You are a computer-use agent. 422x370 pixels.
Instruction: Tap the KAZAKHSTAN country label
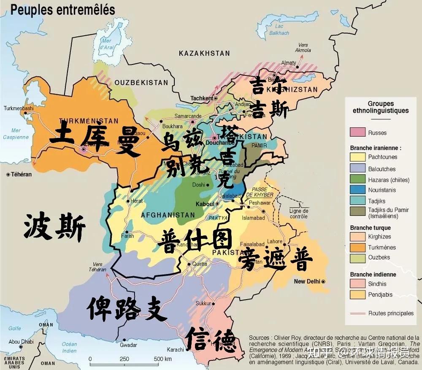point(204,53)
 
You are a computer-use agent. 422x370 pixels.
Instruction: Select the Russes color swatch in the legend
point(357,132)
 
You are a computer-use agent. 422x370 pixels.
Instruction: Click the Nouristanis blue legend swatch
point(357,190)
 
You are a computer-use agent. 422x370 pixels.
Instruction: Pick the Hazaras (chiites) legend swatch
point(357,180)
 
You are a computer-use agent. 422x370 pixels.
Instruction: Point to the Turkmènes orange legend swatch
point(357,247)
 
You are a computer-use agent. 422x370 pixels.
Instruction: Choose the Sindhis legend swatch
point(357,284)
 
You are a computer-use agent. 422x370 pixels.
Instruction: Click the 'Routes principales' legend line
point(357,313)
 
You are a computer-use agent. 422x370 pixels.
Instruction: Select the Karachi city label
point(175,349)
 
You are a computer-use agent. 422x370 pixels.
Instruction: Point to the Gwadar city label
point(129,345)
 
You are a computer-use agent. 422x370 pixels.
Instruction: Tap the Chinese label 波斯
point(54,227)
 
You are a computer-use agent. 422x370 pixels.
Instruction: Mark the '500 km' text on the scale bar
point(162,359)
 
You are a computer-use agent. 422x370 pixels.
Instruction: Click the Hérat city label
point(137,201)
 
